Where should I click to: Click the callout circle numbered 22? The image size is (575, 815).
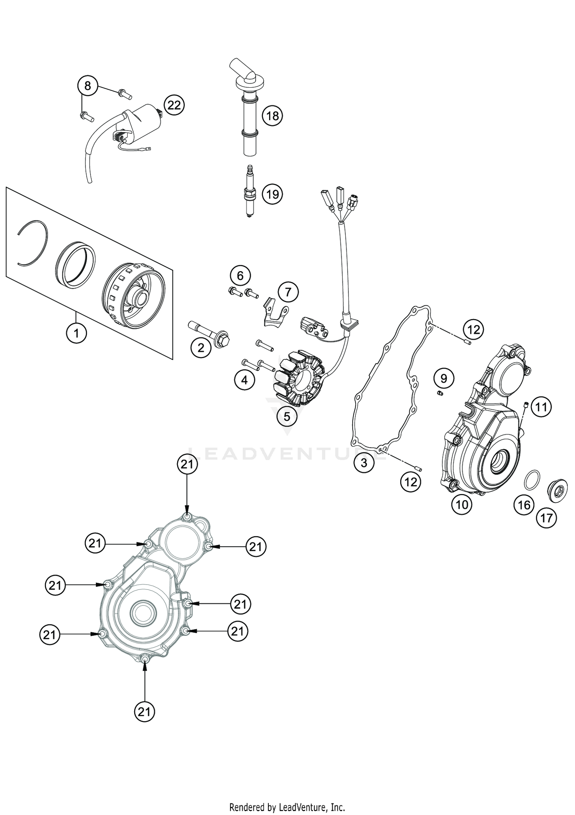(x=174, y=105)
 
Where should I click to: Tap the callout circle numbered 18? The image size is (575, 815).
(x=272, y=115)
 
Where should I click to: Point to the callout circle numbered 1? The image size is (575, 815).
(x=76, y=333)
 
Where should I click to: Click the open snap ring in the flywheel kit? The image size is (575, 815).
(x=33, y=243)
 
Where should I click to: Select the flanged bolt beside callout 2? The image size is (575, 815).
(x=209, y=333)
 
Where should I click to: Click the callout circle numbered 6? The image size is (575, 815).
(x=240, y=275)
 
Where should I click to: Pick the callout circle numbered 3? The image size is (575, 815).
(x=363, y=463)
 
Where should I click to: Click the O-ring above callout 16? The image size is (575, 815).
(x=532, y=481)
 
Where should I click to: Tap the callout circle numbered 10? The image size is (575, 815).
(x=462, y=505)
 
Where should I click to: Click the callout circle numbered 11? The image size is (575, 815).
(x=541, y=407)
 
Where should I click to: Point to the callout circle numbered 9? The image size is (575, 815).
(x=444, y=379)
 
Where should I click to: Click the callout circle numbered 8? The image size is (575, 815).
(x=88, y=86)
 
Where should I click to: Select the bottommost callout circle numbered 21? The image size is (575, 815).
(x=144, y=712)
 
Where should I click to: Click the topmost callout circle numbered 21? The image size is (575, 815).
(x=187, y=464)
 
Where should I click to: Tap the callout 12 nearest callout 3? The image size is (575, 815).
(x=411, y=482)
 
